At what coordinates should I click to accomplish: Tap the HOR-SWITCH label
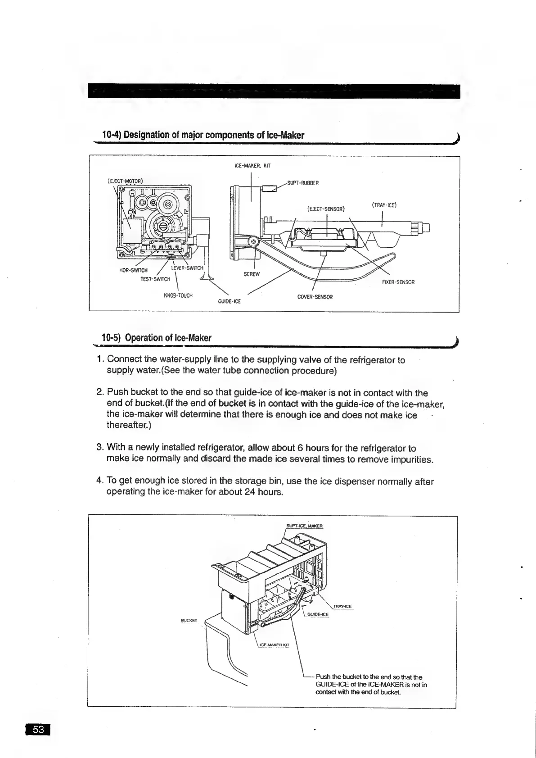click(133, 270)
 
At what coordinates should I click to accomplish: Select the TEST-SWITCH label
click(155, 279)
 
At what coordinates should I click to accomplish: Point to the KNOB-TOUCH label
click(178, 295)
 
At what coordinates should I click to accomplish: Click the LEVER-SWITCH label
click(188, 268)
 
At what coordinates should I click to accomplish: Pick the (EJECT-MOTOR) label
click(126, 181)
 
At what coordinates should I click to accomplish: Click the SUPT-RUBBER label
click(303, 183)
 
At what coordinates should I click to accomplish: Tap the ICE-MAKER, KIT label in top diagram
click(252, 166)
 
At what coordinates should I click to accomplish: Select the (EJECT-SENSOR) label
click(326, 209)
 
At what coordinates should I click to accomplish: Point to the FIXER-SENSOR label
click(398, 282)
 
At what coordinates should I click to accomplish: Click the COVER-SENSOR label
click(315, 297)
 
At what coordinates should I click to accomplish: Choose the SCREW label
click(252, 274)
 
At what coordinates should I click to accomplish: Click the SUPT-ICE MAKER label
click(305, 526)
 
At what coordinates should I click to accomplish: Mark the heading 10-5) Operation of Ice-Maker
click(157, 338)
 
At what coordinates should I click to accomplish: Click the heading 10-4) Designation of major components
click(203, 135)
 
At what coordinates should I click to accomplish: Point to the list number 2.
click(100, 393)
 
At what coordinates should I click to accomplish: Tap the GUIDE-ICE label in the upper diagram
click(229, 301)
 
